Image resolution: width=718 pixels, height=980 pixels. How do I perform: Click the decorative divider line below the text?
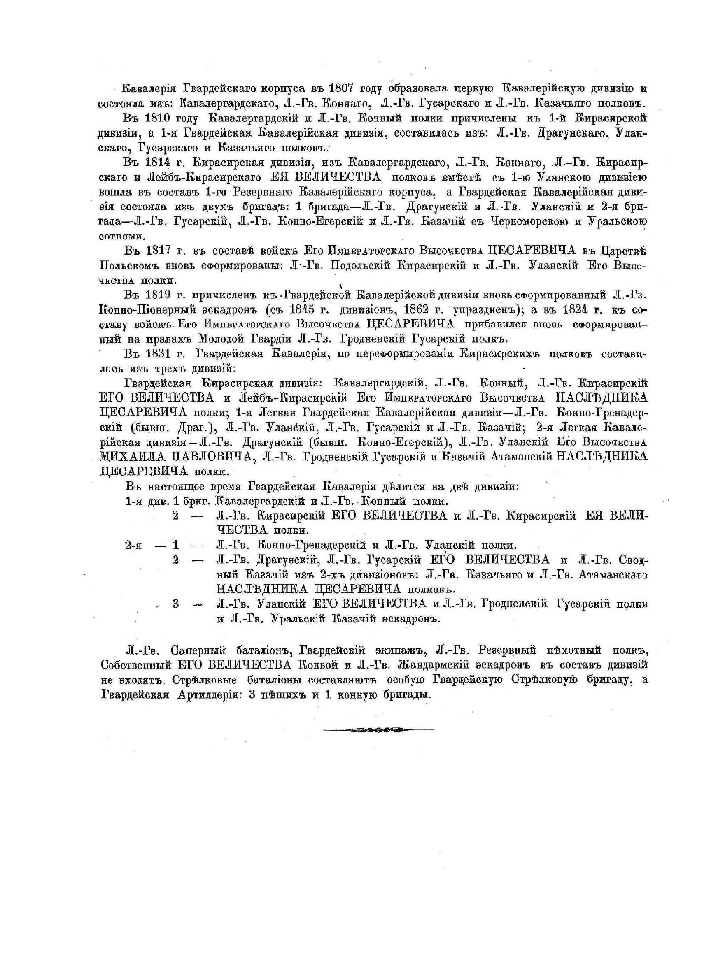[379, 730]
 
